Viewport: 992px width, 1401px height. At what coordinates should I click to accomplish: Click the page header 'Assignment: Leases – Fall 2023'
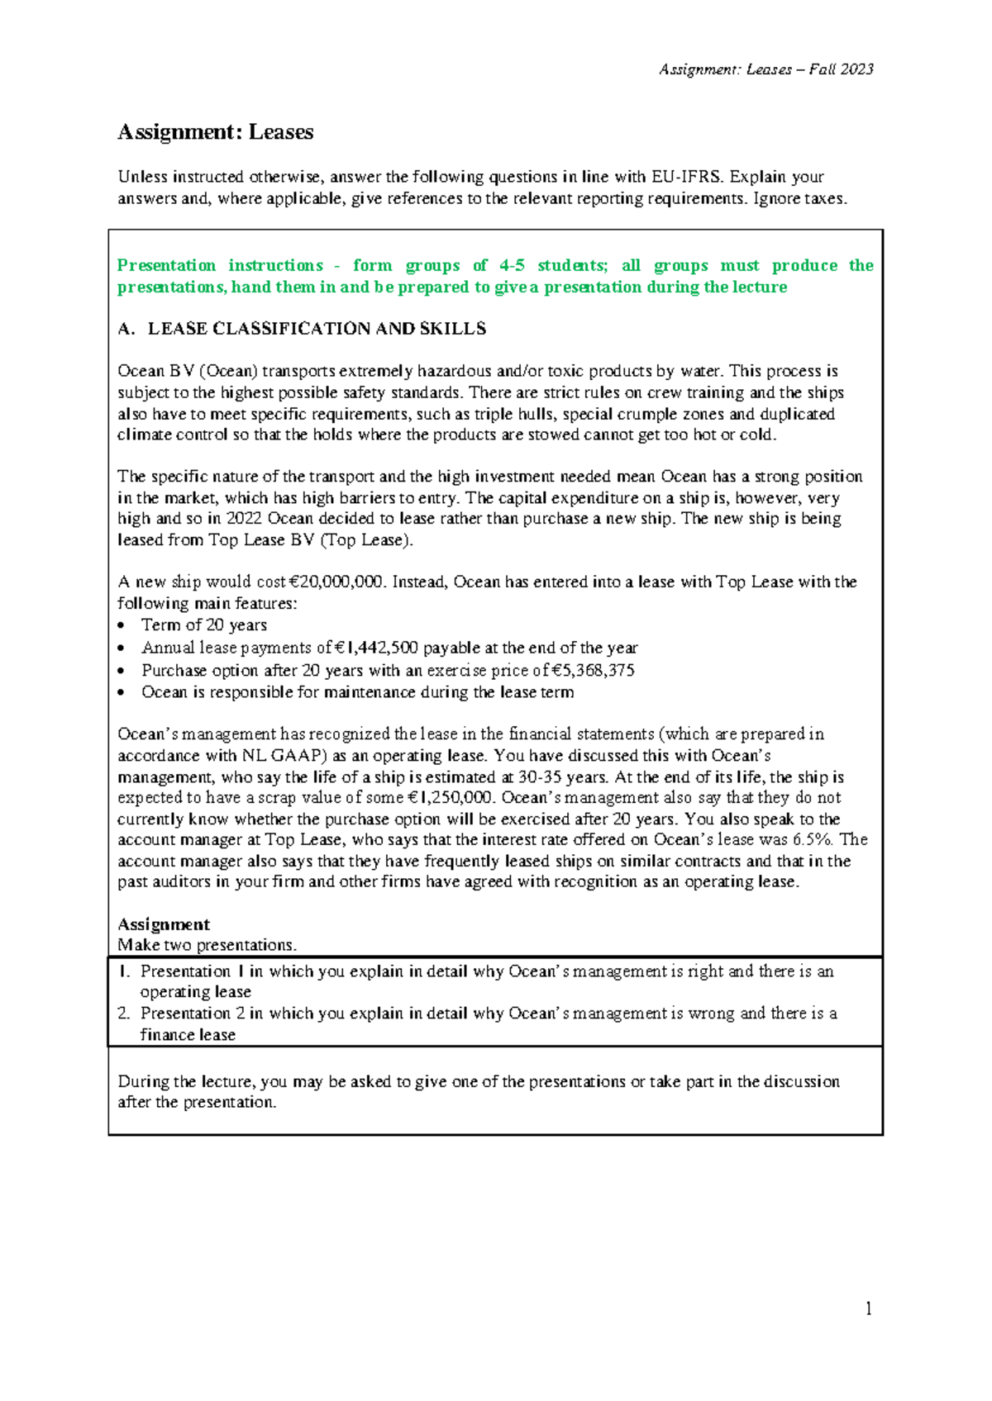(x=765, y=69)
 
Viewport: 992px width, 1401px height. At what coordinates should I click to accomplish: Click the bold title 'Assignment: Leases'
(x=215, y=132)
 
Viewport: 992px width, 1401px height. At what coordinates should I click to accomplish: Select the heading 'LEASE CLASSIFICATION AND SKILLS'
(x=317, y=329)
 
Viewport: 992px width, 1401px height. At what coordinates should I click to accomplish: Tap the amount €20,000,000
(x=329, y=582)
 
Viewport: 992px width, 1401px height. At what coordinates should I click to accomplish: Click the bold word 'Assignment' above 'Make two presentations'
(x=164, y=924)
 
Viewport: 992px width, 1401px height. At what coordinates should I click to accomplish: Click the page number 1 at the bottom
(x=868, y=1308)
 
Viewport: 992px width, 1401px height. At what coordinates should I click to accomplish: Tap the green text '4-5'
(x=512, y=266)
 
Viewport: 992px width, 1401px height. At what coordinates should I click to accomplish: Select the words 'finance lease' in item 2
(x=188, y=1035)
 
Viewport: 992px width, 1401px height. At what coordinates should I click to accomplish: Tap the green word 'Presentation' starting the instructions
(x=166, y=266)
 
